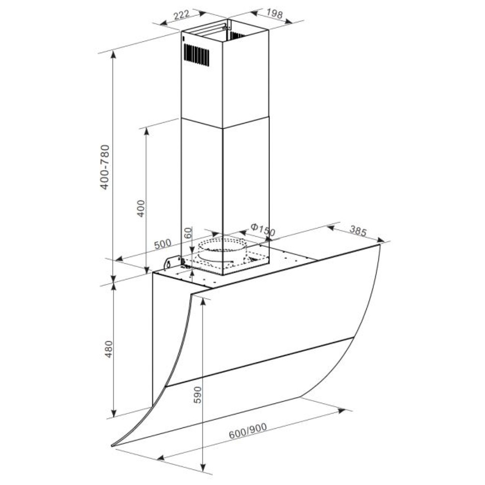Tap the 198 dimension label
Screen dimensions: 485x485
click(274, 13)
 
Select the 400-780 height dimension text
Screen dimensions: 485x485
click(105, 167)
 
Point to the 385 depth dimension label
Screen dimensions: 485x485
click(358, 232)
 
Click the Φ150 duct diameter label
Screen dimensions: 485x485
click(263, 230)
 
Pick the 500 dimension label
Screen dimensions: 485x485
click(162, 244)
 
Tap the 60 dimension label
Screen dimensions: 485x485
click(188, 233)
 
